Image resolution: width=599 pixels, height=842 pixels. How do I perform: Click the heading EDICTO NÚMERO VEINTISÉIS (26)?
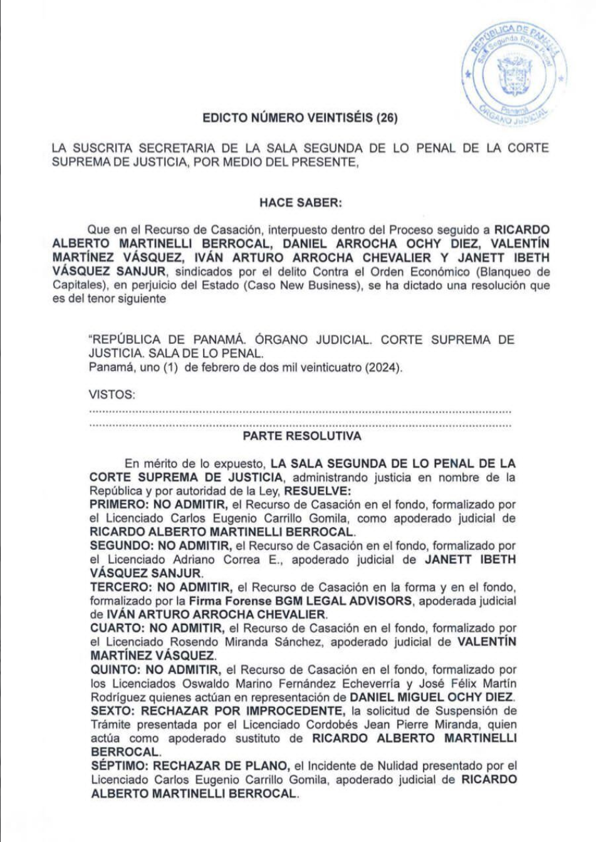pos(299,118)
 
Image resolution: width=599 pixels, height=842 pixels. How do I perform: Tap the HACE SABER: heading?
pos(300,202)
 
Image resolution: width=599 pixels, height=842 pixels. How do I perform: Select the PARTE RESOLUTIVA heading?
pos(302,436)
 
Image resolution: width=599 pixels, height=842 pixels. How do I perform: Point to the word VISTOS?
pos(112,395)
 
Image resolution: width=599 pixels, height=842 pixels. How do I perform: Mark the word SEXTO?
pos(113,711)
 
